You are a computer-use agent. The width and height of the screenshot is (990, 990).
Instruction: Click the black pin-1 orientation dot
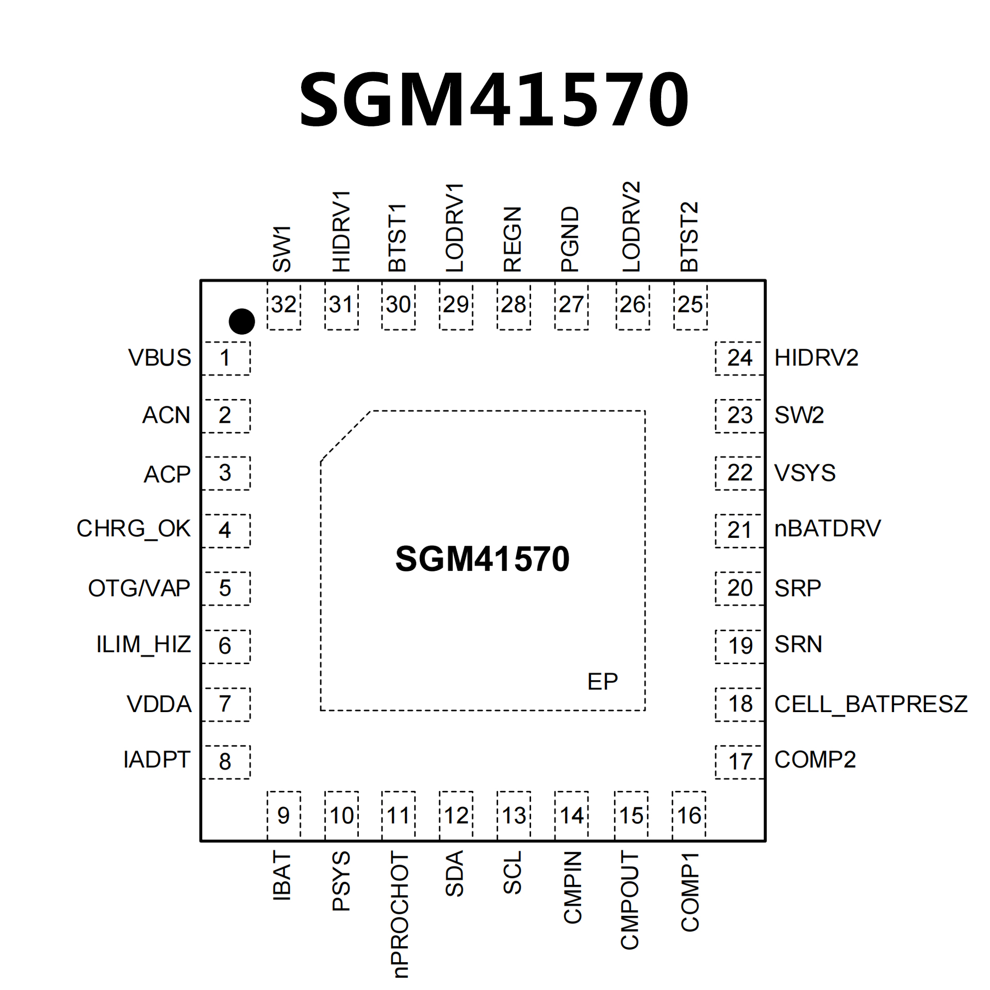(241, 322)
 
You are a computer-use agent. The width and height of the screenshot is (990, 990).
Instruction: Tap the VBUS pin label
(159, 358)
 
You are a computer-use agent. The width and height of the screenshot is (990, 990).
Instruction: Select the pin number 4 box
(225, 530)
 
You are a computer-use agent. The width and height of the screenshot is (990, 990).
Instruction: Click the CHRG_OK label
(134, 529)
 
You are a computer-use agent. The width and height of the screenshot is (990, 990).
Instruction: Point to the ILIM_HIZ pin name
(143, 645)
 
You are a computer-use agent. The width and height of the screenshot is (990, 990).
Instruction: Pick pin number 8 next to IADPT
(225, 761)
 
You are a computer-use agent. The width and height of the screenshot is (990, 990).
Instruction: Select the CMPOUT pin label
(630, 900)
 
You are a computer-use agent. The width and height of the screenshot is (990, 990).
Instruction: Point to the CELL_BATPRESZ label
(870, 704)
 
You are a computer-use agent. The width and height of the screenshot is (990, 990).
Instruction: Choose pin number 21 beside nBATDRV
(739, 530)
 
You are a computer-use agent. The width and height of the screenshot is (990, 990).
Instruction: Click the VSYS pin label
(804, 473)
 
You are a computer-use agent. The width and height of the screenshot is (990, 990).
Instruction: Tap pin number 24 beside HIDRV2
(739, 358)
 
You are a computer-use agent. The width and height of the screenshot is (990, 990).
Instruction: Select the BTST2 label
(689, 237)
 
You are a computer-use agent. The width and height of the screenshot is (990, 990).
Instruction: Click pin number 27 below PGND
(571, 305)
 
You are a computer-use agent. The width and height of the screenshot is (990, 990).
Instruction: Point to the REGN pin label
(513, 240)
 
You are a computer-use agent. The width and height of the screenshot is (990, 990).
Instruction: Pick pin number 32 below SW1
(284, 305)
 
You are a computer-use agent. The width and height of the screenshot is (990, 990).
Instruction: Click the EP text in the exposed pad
(602, 682)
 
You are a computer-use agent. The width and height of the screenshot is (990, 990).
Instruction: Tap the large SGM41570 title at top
(494, 99)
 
